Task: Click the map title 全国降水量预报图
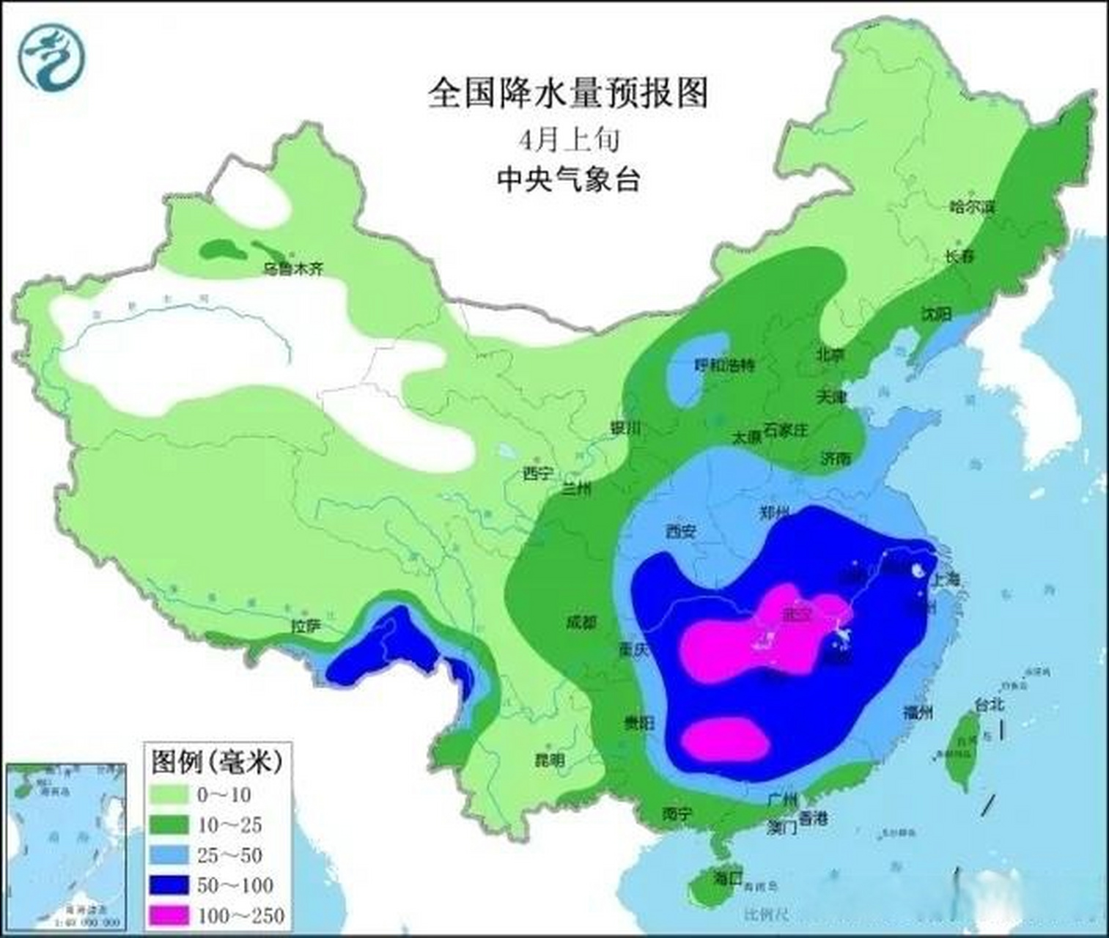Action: [x=568, y=94]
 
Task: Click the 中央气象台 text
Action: [x=568, y=180]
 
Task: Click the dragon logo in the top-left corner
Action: [x=52, y=56]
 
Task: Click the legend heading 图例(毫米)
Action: [x=217, y=762]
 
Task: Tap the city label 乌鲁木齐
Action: [x=292, y=269]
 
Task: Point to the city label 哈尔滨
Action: [x=972, y=207]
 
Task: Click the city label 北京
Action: [x=830, y=354]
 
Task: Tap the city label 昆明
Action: [x=550, y=759]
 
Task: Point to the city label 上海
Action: [x=944, y=579]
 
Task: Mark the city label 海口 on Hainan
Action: [x=728, y=876]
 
